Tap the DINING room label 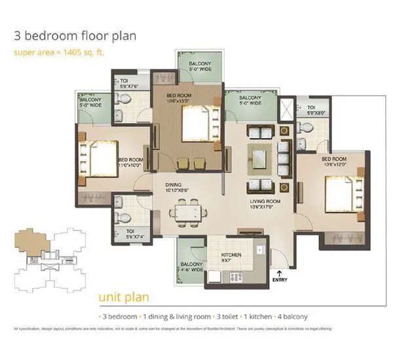click(x=174, y=187)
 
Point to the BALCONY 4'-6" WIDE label click(x=192, y=268)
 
